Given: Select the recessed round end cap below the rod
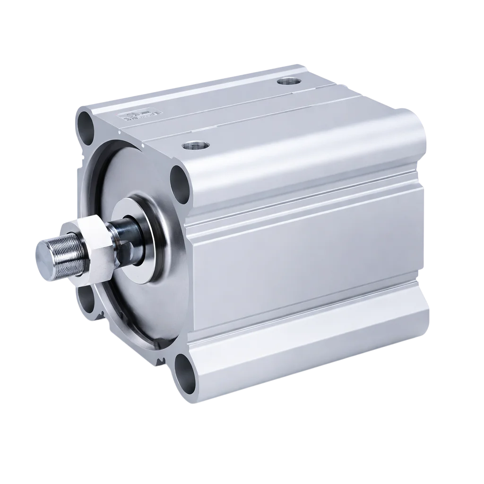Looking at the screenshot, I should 132,302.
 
